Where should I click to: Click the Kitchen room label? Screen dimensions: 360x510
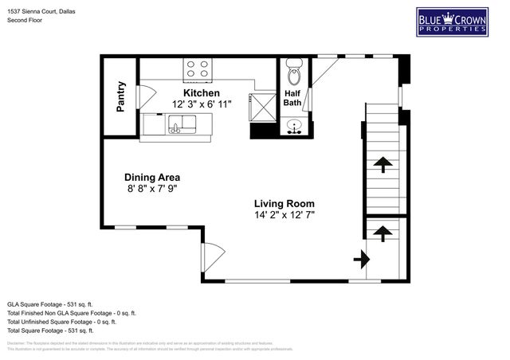pos(201,92)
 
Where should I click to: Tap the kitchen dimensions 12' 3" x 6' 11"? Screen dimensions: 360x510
pos(202,104)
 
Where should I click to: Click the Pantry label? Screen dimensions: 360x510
pos(121,96)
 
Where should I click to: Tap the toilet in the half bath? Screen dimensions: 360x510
pos(293,74)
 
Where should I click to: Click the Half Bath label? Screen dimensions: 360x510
pos(292,97)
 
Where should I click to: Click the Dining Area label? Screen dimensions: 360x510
pos(151,177)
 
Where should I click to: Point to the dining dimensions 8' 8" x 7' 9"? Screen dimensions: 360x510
pos(151,189)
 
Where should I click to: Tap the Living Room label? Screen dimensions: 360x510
pos(284,202)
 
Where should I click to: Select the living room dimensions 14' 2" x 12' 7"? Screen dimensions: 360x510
pos(284,215)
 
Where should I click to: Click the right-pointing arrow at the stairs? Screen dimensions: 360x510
pos(361,259)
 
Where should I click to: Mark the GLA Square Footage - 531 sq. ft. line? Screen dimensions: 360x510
pos(50,303)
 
